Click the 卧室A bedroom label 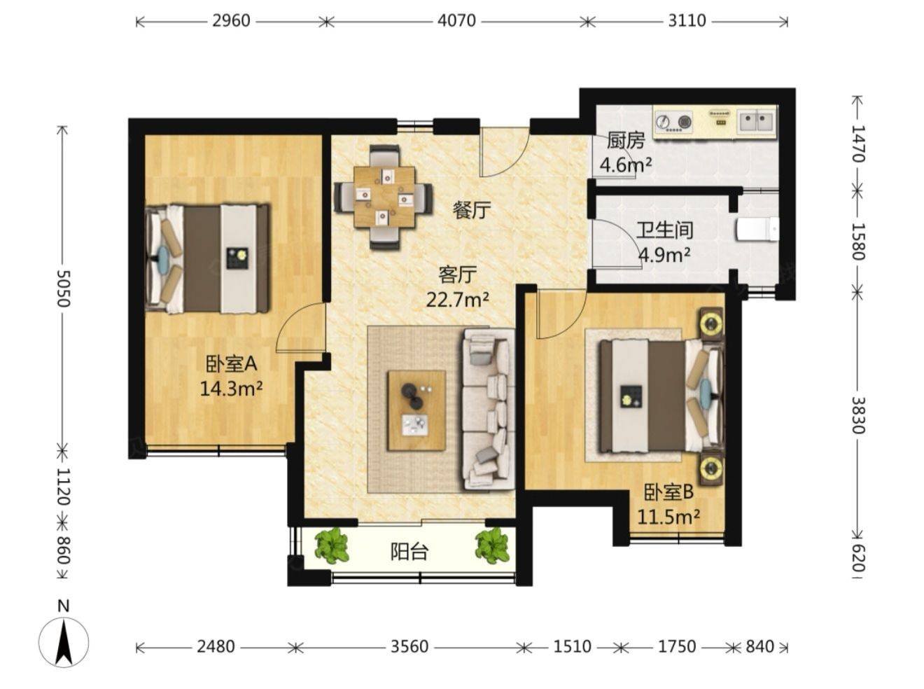(x=231, y=364)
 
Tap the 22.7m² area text (x=458, y=300)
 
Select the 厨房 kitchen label (x=626, y=141)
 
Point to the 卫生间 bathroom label (x=664, y=230)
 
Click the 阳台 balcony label (x=409, y=552)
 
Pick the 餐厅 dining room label (x=472, y=210)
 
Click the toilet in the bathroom (x=757, y=230)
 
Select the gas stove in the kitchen (x=673, y=123)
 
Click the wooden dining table (x=384, y=197)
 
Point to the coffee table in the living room (x=416, y=410)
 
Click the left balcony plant (x=332, y=546)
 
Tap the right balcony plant (x=492, y=546)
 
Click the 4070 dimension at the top (x=456, y=20)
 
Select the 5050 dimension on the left (x=64, y=288)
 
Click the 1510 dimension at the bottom (x=572, y=646)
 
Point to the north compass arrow (x=64, y=643)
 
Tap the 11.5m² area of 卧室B (x=668, y=517)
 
